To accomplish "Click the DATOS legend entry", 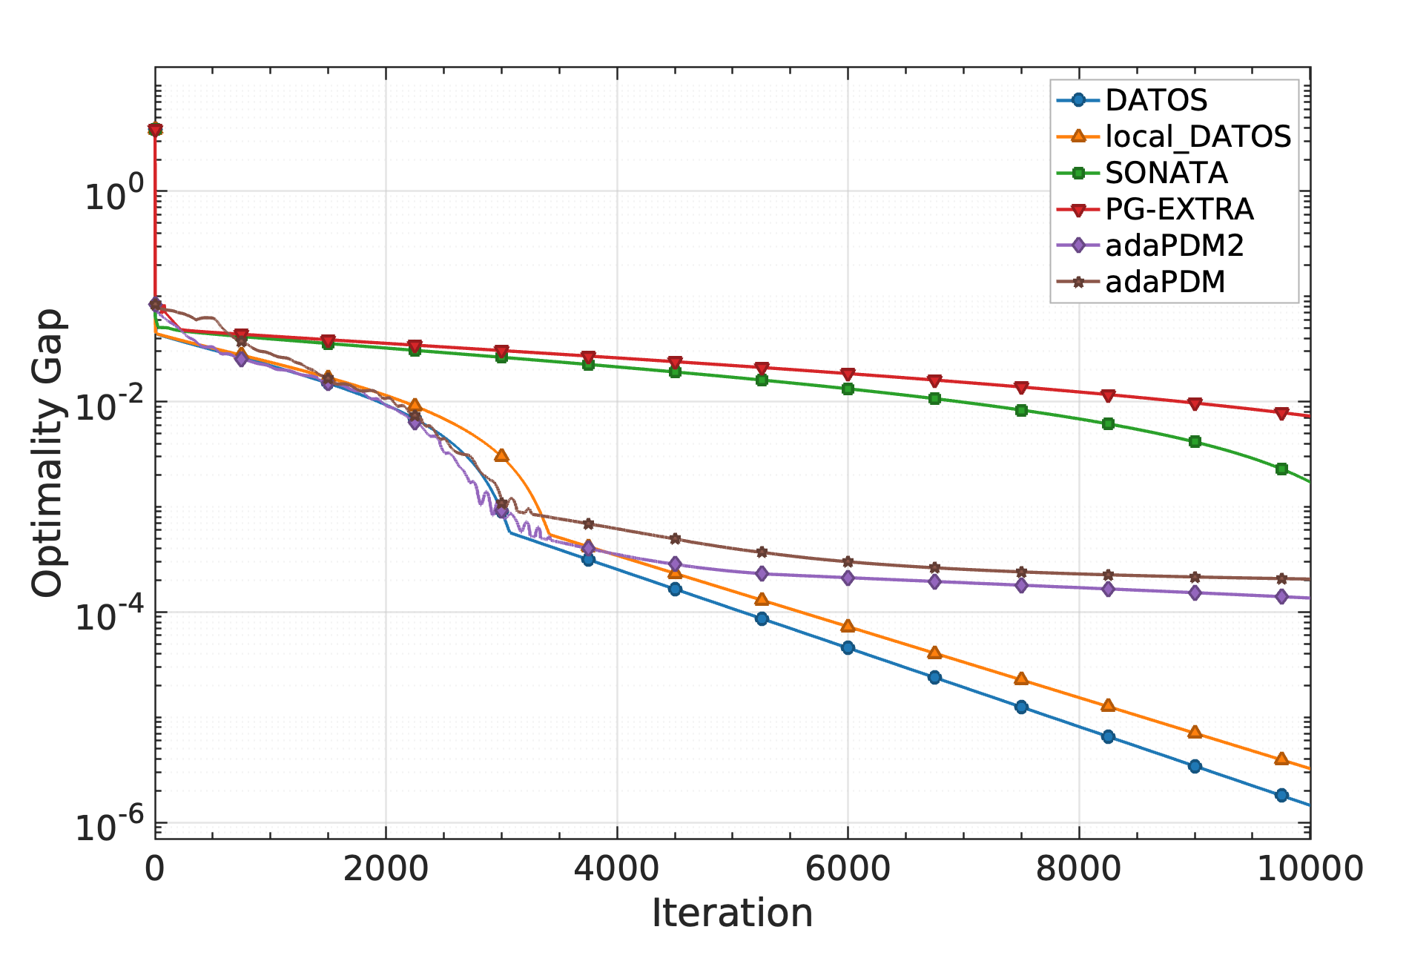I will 1155,99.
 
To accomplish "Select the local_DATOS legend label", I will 1197,136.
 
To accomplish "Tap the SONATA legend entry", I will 1166,173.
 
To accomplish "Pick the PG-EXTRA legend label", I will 1178,209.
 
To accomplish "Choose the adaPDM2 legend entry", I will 1173,245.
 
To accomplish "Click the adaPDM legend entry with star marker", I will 1164,282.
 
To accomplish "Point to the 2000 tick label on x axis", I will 386,868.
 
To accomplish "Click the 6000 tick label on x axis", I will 848,868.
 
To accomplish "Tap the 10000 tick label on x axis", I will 1310,868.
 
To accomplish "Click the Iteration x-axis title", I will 732,913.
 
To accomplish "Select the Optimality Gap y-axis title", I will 48,452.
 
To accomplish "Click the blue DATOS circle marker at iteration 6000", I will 848,647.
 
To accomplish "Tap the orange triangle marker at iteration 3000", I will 501,455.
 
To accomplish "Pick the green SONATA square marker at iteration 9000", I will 1195,441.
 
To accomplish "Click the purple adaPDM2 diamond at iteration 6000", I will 848,578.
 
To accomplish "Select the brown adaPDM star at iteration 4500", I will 674,538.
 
